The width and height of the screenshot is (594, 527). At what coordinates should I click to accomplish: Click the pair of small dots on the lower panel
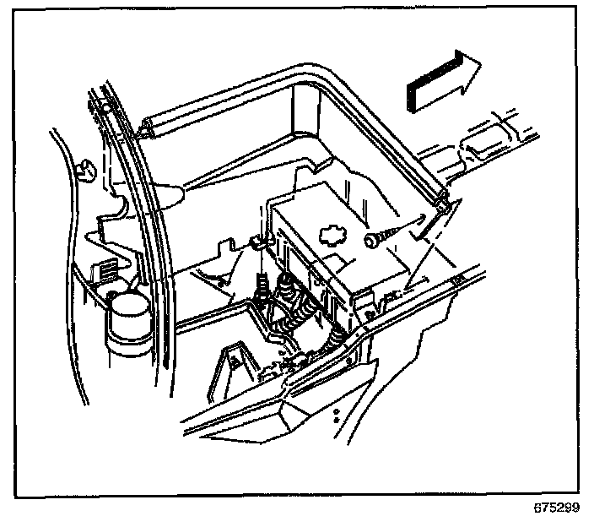pos(337,414)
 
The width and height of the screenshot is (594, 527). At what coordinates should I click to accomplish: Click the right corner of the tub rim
pos(444,198)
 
